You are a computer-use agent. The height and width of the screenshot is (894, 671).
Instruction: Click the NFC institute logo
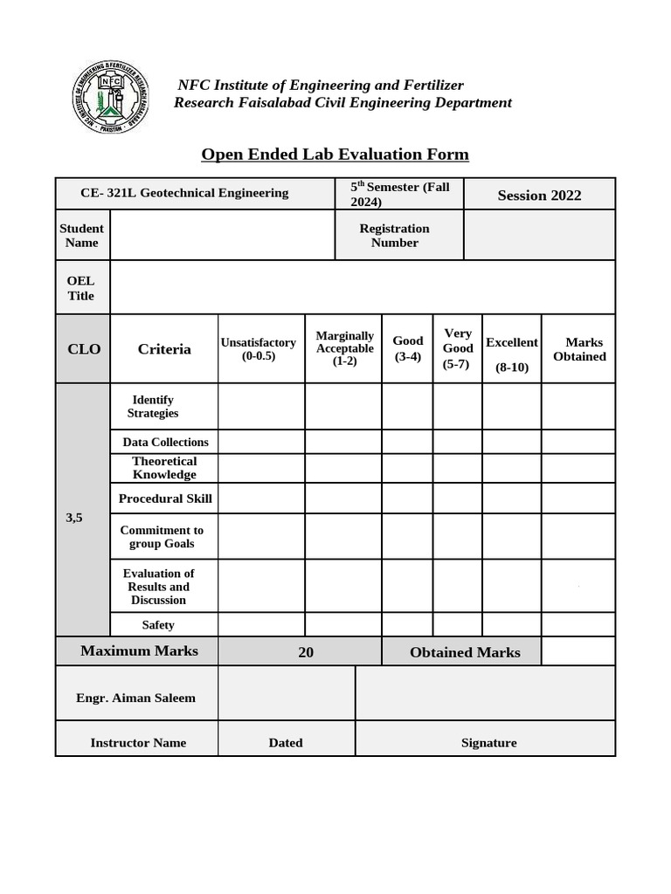click(x=110, y=97)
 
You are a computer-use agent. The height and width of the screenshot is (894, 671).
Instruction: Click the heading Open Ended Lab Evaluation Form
click(x=335, y=155)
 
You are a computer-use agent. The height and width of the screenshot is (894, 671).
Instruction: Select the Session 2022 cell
click(x=539, y=195)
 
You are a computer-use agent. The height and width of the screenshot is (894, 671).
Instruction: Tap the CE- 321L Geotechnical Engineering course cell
click(x=184, y=193)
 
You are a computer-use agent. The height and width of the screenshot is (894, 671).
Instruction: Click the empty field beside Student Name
click(x=223, y=236)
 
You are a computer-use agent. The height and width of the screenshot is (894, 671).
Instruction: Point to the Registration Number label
click(x=395, y=236)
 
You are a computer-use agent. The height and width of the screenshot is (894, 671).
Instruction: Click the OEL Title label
click(x=81, y=288)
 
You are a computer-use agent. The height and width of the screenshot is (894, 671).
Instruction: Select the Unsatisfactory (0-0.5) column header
click(x=259, y=349)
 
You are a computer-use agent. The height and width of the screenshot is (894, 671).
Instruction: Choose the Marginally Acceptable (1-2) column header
click(x=344, y=348)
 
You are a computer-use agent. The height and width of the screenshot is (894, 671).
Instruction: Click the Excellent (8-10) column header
click(x=512, y=354)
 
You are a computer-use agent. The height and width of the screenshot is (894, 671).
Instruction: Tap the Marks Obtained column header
click(x=579, y=349)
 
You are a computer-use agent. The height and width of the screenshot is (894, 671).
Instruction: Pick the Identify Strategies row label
click(x=153, y=406)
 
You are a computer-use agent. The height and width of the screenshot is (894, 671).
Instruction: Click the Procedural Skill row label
click(x=165, y=499)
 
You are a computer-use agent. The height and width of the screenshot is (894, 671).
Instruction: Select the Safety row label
click(x=158, y=624)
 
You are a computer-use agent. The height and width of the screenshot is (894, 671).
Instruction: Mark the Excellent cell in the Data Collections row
click(x=511, y=442)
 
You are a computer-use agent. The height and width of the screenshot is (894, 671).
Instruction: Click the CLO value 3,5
click(x=74, y=518)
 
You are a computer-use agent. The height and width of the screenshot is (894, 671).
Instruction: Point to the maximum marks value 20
click(x=306, y=652)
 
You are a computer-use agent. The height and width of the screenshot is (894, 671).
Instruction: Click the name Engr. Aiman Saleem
click(x=136, y=698)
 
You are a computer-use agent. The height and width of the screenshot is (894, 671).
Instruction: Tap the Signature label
click(x=488, y=743)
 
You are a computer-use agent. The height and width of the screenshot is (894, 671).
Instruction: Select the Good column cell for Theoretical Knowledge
click(x=406, y=468)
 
